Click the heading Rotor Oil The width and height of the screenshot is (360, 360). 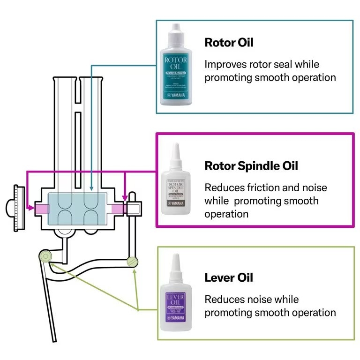coord(229,43)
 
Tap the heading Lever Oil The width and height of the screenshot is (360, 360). coord(229,277)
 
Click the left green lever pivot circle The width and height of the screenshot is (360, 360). coord(45,256)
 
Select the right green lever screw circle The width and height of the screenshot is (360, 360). coord(134,261)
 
